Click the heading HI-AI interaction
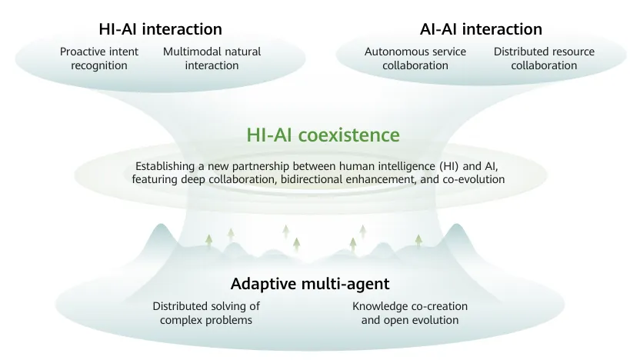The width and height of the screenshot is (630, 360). coord(160,29)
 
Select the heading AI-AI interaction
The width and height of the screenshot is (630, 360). coord(481,29)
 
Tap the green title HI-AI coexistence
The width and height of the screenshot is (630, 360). coord(323,135)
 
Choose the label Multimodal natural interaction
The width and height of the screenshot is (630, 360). coord(212,58)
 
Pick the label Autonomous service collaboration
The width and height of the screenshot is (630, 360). coord(415,58)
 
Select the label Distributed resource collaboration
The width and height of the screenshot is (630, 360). coord(544,58)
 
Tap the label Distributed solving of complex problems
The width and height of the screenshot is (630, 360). coord(206,312)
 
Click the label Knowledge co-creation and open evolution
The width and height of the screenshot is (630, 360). coord(410,312)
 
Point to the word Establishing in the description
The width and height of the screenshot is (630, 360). coord(165,166)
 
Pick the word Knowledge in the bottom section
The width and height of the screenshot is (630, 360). coord(380,306)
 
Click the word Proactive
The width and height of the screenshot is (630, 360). coord(83,52)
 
